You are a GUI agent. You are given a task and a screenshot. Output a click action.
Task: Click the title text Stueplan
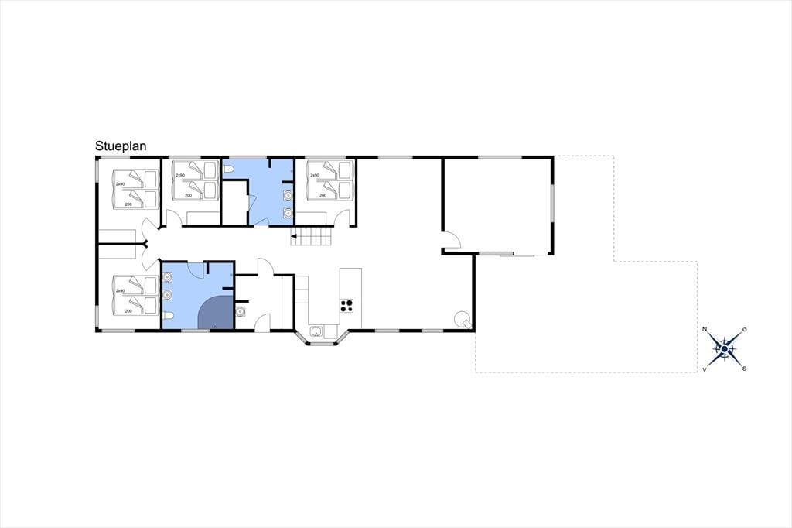[121, 146]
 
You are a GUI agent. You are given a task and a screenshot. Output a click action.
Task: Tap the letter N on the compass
[705, 329]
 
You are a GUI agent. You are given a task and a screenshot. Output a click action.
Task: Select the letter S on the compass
[744, 369]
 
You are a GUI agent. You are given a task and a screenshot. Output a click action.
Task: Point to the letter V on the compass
[705, 370]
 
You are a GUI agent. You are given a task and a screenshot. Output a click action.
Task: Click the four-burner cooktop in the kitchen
[346, 306]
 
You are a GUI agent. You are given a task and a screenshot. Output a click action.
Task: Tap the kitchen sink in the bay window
[316, 332]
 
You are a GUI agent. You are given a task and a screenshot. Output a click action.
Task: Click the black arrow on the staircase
[294, 235]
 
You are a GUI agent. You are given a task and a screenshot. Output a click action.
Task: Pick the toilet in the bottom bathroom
[168, 317]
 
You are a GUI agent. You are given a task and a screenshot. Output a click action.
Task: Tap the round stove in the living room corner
[463, 319]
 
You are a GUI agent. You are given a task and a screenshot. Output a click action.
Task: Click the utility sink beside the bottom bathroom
[241, 311]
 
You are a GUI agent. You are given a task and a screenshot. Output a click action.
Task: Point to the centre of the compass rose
[724, 349]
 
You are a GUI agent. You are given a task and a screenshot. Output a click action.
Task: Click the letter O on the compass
[745, 329]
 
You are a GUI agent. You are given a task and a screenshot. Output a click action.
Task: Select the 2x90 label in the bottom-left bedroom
[120, 291]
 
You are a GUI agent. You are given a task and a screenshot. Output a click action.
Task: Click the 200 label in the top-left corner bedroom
[128, 204]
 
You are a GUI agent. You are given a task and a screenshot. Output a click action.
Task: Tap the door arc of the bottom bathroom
[195, 269]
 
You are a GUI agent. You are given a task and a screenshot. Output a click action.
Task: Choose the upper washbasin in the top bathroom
[288, 195]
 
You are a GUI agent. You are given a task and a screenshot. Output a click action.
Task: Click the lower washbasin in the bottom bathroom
[168, 295]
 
